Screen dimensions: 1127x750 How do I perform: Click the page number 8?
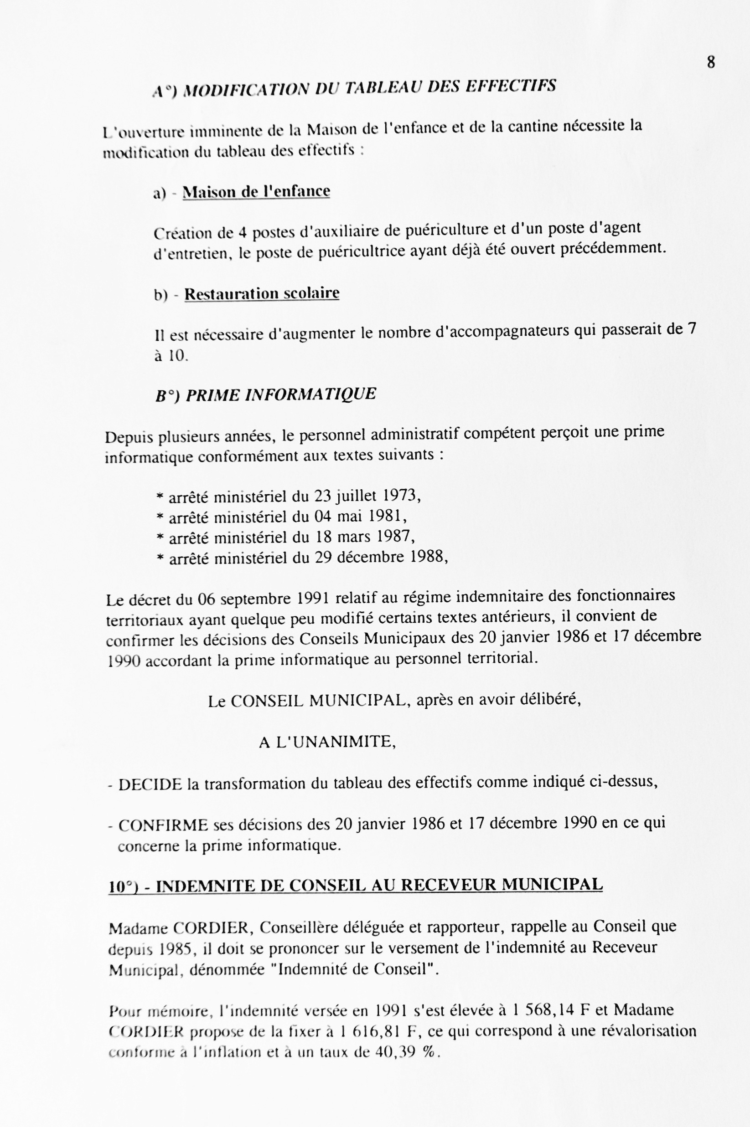click(x=711, y=62)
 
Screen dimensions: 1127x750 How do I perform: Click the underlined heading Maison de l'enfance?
click(x=256, y=191)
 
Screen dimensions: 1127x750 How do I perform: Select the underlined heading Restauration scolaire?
click(x=262, y=293)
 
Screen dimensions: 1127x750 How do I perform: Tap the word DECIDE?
click(x=150, y=784)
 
